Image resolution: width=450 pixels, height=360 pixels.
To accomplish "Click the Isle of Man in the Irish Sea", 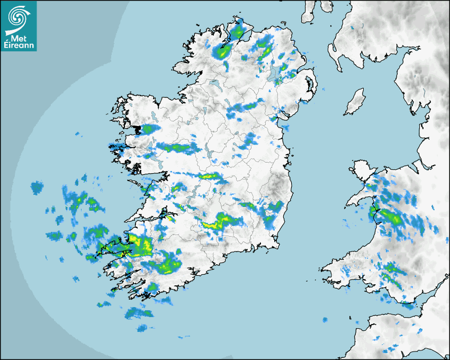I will click(x=355, y=102).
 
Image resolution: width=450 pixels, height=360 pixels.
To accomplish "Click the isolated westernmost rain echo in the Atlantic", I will click(x=37, y=187).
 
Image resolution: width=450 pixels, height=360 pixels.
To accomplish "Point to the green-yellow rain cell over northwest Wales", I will click(x=389, y=216).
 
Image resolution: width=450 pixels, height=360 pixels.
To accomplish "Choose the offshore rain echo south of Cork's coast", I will click(x=138, y=313).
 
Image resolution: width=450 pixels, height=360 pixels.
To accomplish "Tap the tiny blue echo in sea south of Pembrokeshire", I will click(x=325, y=320).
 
